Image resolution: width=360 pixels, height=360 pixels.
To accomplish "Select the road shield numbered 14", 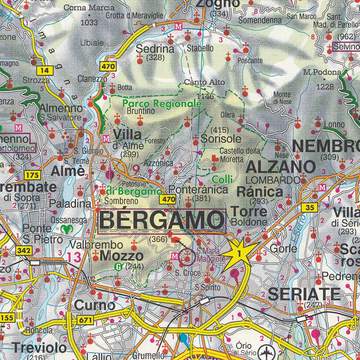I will tap(47, 71).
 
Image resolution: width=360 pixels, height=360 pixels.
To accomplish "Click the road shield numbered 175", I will tap(34, 175).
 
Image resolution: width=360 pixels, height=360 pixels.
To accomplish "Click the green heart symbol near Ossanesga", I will tap(67, 227).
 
